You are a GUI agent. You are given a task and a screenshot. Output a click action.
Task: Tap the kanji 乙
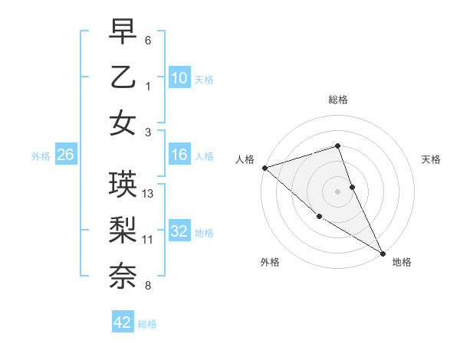pos(123,77)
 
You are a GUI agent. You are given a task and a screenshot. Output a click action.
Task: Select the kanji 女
pos(123,122)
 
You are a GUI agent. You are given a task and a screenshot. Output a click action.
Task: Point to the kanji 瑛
pos(123,185)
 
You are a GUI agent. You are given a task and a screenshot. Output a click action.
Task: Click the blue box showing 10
pos(179,77)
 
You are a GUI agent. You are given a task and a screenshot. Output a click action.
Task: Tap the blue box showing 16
pos(179,155)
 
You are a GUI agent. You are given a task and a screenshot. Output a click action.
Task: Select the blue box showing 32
pos(179,232)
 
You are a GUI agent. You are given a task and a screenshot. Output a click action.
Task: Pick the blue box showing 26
pos(65,155)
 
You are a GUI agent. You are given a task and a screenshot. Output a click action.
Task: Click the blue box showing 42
pos(123,322)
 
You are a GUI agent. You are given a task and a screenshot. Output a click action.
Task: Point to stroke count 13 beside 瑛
pos(149,194)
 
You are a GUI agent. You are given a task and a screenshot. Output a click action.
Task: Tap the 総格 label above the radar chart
pos(337,100)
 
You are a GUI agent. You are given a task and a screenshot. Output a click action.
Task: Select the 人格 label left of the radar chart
pos(245,159)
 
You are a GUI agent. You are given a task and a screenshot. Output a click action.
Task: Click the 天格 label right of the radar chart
pos(431,159)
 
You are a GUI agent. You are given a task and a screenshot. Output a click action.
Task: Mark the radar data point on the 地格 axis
pos(383,254)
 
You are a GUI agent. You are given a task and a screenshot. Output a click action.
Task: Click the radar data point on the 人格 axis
pos(264,168)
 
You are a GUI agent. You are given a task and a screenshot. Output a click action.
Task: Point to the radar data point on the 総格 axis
pos(337,146)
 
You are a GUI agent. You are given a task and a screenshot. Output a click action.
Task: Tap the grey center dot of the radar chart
pos(337,191)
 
